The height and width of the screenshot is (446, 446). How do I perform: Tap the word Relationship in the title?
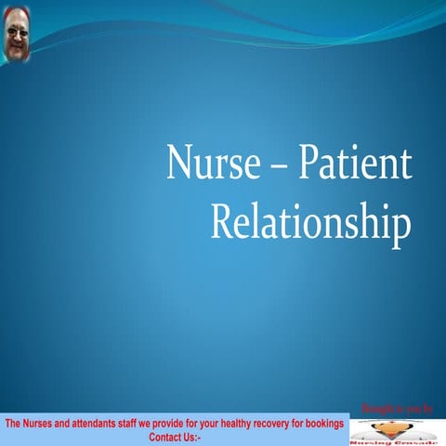coord(310,224)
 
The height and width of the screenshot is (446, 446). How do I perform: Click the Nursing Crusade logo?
coord(397,430)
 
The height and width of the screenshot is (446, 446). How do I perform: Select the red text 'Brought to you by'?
coord(401,409)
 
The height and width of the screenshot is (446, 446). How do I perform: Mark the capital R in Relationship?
coord(220,223)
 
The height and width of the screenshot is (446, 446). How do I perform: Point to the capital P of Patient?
coord(300,164)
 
